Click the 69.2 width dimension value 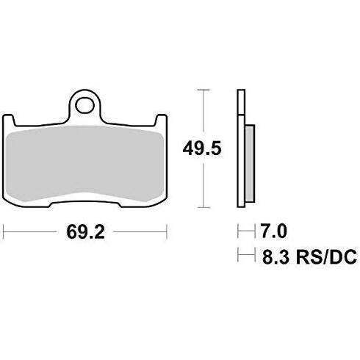click(x=85, y=232)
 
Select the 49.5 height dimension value click(x=202, y=148)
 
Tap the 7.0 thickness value click(x=273, y=231)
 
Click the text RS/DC click(x=326, y=256)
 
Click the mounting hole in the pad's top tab click(x=85, y=106)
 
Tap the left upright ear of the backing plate click(x=8, y=120)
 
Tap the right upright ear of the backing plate click(x=162, y=120)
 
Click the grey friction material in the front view click(x=84, y=163)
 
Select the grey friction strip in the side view click(x=250, y=164)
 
